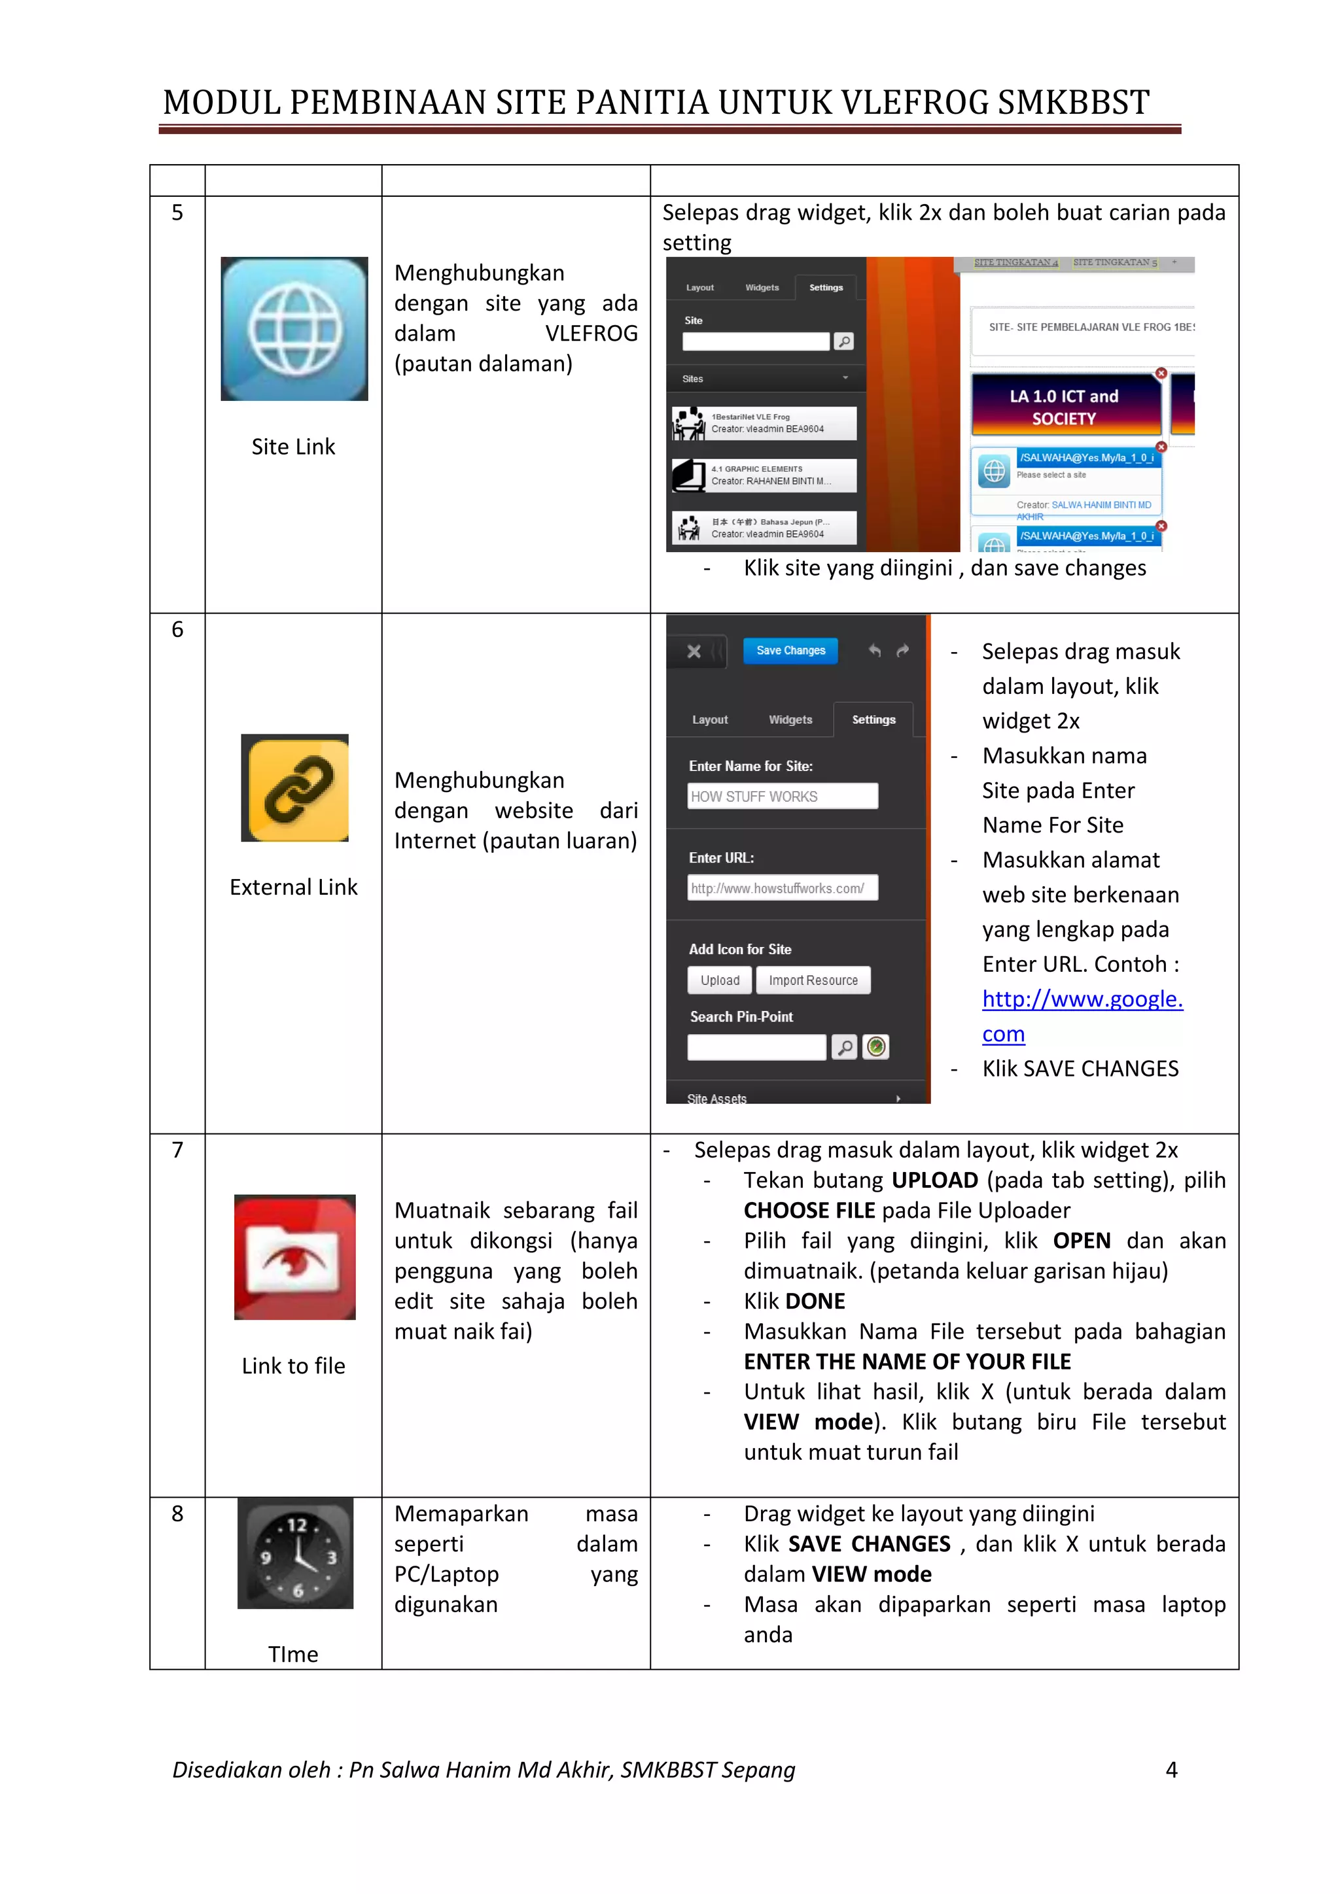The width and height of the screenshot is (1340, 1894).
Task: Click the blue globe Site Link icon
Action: pos(294,328)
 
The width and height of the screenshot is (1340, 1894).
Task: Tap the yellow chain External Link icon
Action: pos(294,788)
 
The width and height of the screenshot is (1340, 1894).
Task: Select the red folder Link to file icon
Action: pos(294,1256)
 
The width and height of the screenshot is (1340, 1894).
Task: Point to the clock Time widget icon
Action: pos(295,1553)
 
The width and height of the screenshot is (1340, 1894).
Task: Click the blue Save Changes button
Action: pos(790,650)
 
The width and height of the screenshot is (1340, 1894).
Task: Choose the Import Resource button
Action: pos(813,980)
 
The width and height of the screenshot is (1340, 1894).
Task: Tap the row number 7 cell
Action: pos(177,1150)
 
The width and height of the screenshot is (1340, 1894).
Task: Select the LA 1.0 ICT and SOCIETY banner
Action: pos(1065,407)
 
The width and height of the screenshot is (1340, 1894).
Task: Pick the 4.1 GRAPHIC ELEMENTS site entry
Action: pos(764,475)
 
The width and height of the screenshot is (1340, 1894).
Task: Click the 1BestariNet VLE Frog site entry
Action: pos(764,423)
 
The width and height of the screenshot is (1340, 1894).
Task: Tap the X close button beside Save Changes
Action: pos(694,651)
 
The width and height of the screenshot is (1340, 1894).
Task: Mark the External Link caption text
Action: pos(293,887)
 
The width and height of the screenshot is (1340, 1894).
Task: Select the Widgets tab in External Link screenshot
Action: pos(790,719)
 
